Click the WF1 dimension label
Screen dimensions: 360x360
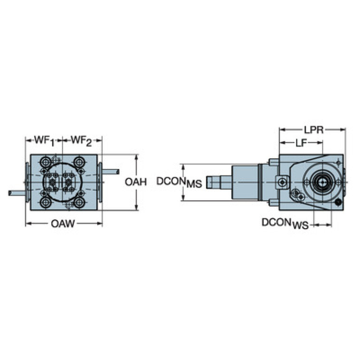coord(44,140)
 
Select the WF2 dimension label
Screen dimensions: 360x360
coord(81,140)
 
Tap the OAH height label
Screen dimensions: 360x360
coord(136,182)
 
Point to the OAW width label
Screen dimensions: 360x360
coord(63,223)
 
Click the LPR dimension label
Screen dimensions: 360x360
coord(314,130)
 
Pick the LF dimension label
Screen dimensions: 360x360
coord(301,143)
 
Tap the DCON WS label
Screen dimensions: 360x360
coord(285,223)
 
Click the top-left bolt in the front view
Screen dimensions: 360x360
coord(46,162)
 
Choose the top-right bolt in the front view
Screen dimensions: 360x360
coord(79,162)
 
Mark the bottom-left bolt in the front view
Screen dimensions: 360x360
coord(46,202)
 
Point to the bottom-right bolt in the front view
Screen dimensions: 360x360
coord(79,202)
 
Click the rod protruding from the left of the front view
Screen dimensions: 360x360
coord(18,193)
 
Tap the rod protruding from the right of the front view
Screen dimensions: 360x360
coord(110,172)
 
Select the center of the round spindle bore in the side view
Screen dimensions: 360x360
coord(322,183)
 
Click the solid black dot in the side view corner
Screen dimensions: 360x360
coord(338,202)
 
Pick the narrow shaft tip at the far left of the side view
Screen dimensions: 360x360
coord(213,182)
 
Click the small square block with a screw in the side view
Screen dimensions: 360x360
coord(282,183)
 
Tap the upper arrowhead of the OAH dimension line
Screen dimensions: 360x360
coord(137,157)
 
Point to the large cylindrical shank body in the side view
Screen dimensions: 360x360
coord(245,182)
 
